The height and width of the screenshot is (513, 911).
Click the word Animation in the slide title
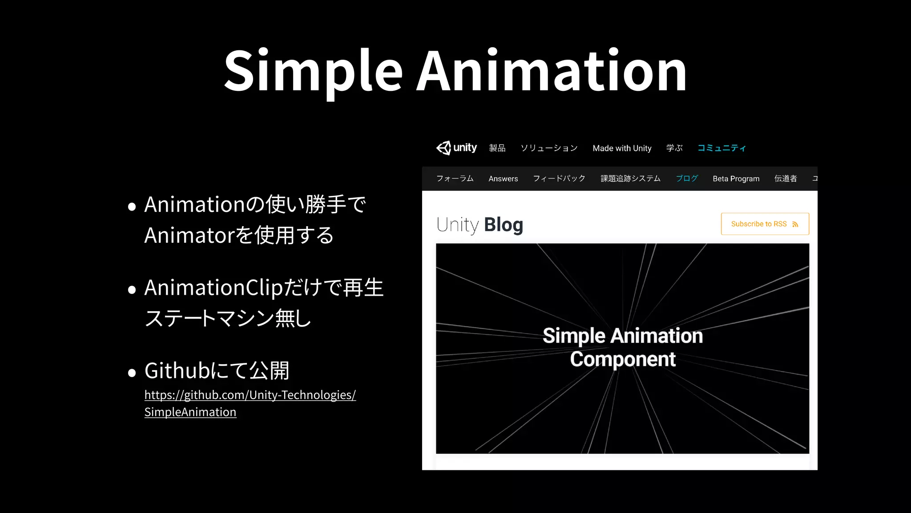pyautogui.click(x=551, y=71)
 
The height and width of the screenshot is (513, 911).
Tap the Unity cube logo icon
pyautogui.click(x=443, y=148)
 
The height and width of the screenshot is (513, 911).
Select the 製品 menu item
pyautogui.click(x=497, y=148)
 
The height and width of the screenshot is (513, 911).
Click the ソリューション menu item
pyautogui.click(x=549, y=148)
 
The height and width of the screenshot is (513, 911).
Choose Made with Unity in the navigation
pyautogui.click(x=622, y=148)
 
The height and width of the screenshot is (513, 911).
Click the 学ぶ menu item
pyautogui.click(x=674, y=148)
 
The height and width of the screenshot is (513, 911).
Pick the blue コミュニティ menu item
pyautogui.click(x=721, y=148)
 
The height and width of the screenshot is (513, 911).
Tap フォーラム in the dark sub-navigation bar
pyautogui.click(x=455, y=179)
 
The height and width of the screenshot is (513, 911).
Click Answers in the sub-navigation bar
pyautogui.click(x=503, y=179)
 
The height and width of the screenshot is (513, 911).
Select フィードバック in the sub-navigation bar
pyautogui.click(x=559, y=179)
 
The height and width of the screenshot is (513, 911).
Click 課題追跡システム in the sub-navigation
pyautogui.click(x=630, y=179)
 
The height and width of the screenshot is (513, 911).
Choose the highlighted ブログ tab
pyautogui.click(x=687, y=179)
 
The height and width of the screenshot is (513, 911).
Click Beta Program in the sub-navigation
pyautogui.click(x=736, y=179)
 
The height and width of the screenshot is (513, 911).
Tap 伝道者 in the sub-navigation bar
pyautogui.click(x=785, y=179)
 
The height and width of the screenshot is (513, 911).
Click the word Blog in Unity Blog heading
pyautogui.click(x=503, y=225)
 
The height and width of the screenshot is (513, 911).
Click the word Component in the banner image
pyautogui.click(x=622, y=359)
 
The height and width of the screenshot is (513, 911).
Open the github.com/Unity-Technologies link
pyautogui.click(x=250, y=395)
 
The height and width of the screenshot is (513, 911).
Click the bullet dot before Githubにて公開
pyautogui.click(x=132, y=373)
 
